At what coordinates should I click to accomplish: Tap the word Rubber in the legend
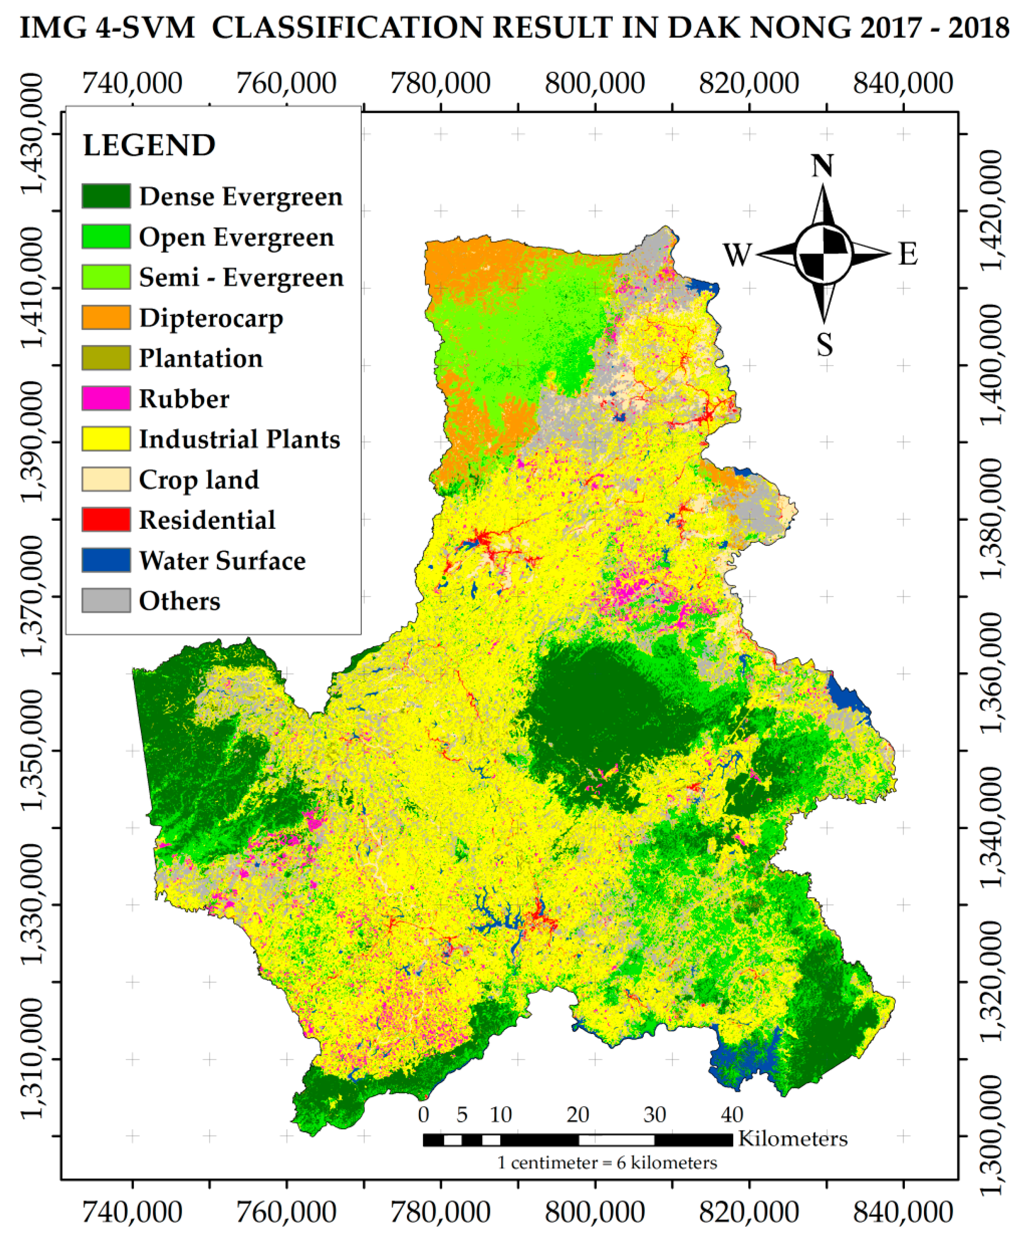[183, 399]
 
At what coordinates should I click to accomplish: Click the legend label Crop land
[199, 479]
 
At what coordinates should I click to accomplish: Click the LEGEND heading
[149, 145]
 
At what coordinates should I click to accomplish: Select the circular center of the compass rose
[823, 254]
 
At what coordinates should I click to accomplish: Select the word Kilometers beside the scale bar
[792, 1138]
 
